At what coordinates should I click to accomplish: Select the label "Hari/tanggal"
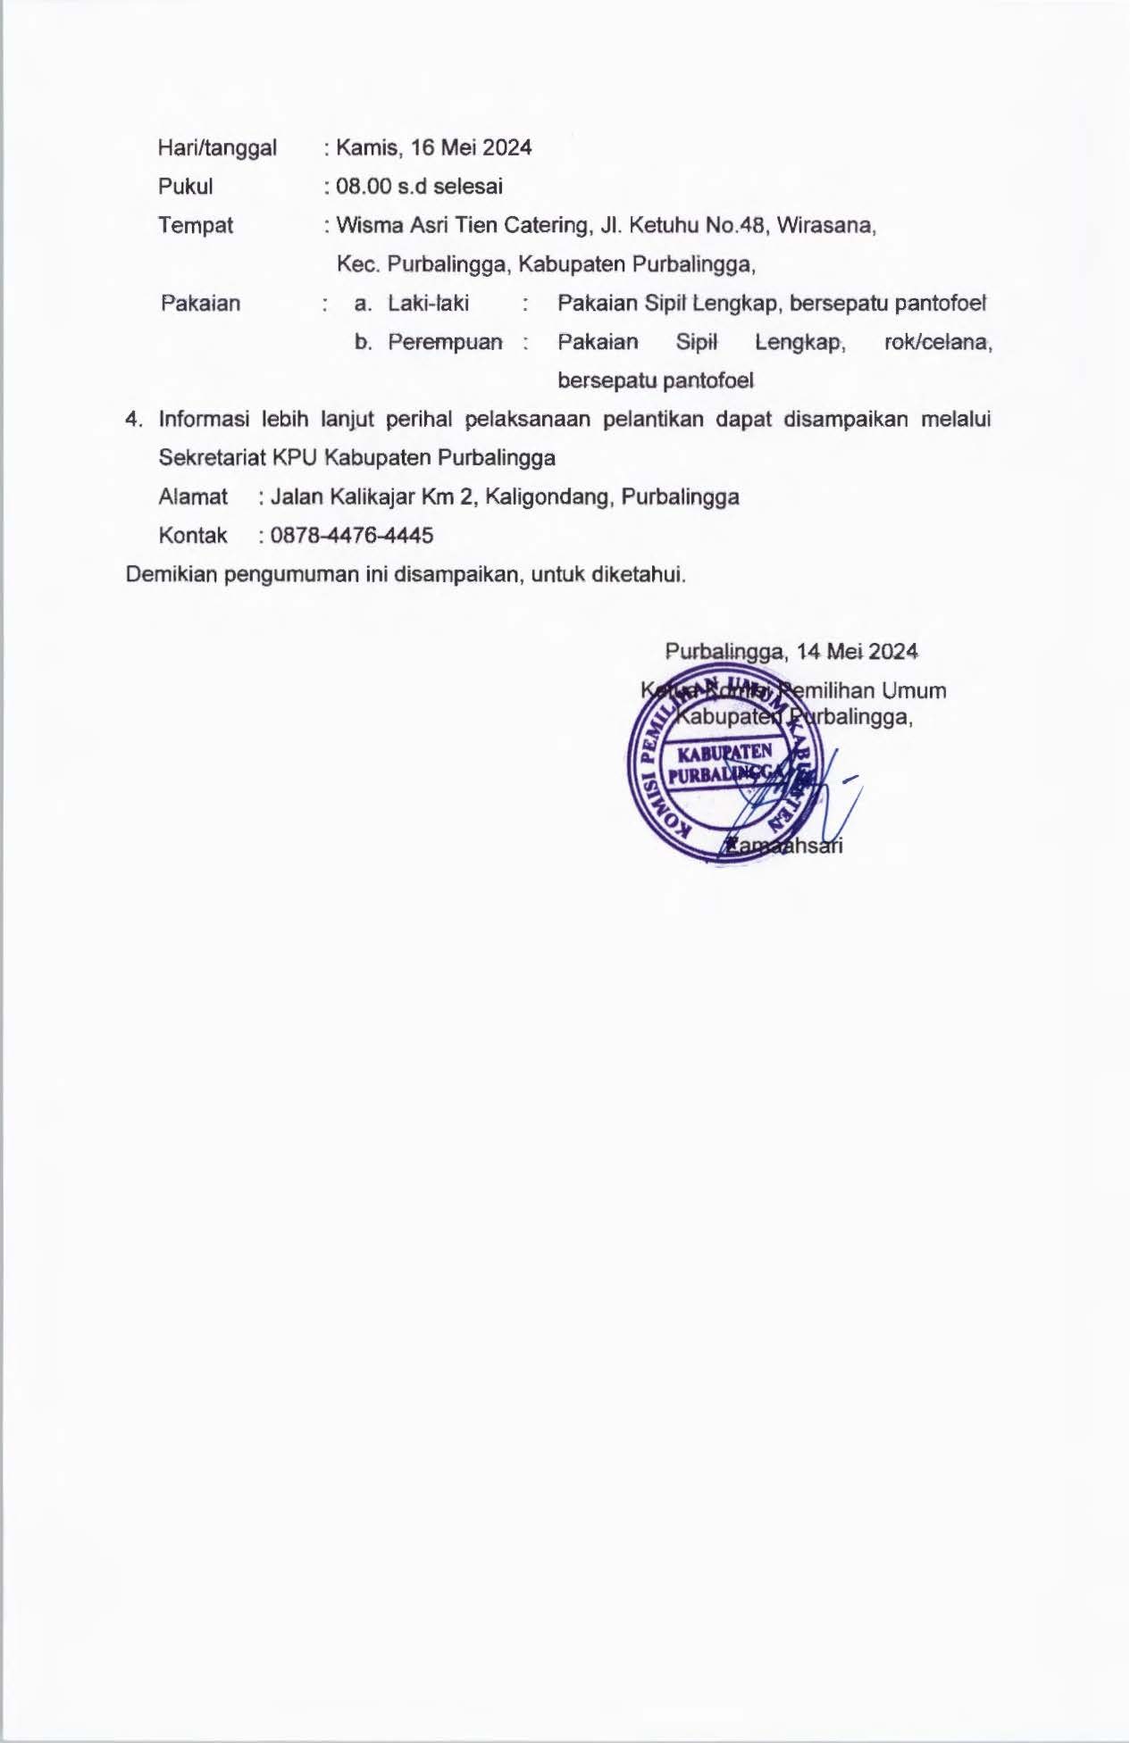tap(217, 147)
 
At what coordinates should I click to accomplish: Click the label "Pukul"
tap(186, 187)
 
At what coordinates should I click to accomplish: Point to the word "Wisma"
tap(369, 225)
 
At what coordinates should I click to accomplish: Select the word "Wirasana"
tap(825, 225)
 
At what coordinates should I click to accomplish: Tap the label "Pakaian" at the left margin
tap(201, 304)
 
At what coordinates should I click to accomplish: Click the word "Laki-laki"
tap(428, 304)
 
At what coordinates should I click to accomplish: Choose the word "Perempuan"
tap(445, 342)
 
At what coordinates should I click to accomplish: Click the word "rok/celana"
tap(937, 342)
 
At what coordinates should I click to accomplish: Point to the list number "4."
tap(134, 420)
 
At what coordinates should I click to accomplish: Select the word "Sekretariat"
tap(212, 458)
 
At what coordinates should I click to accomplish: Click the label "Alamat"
tap(193, 496)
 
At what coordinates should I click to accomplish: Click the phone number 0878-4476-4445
tap(352, 536)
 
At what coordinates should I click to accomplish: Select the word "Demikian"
tap(172, 574)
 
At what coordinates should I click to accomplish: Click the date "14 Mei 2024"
tap(857, 651)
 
